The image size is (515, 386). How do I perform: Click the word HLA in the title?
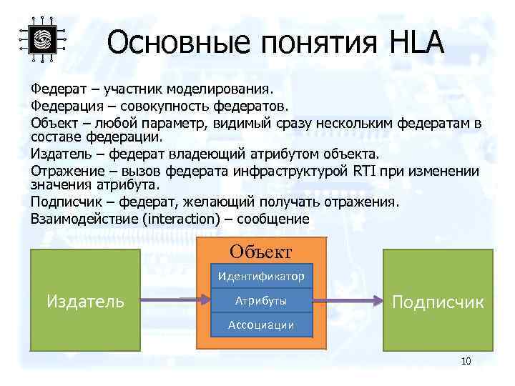pyautogui.click(x=417, y=44)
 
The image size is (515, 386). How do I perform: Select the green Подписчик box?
pyautogui.click(x=438, y=301)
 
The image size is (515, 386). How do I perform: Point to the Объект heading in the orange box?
pyautogui.click(x=260, y=252)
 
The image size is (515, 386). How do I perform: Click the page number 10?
pyautogui.click(x=466, y=362)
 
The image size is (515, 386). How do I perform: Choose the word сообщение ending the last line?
pyautogui.click(x=275, y=219)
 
